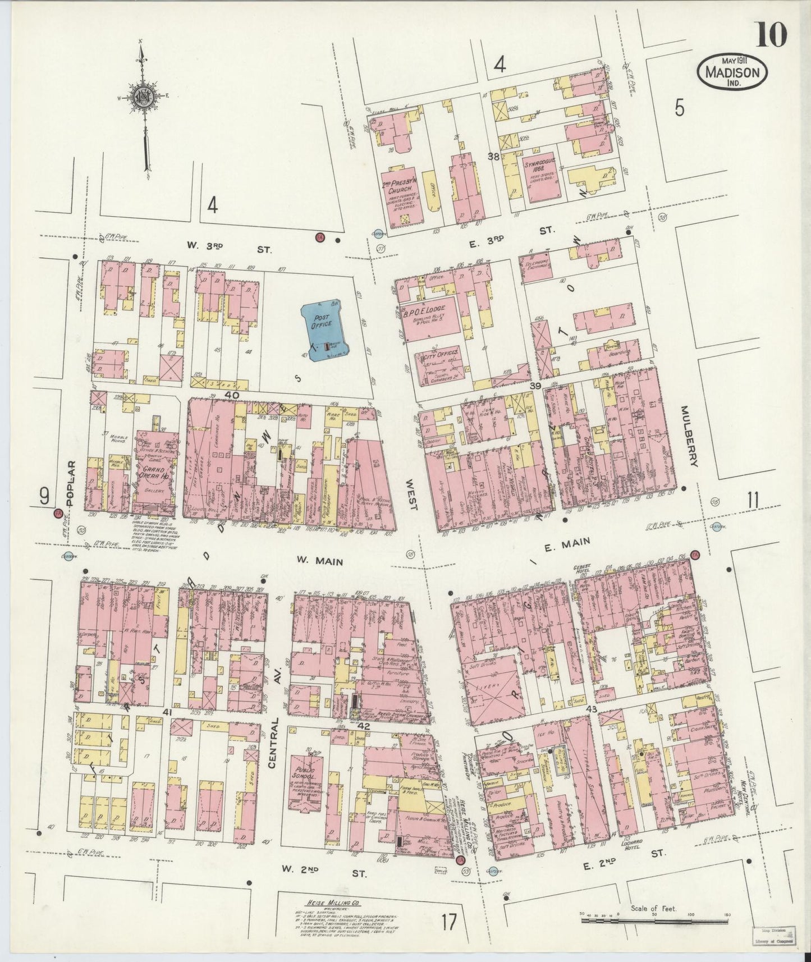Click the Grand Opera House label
click(x=153, y=473)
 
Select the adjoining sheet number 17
click(x=448, y=920)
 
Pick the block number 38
click(x=494, y=157)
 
